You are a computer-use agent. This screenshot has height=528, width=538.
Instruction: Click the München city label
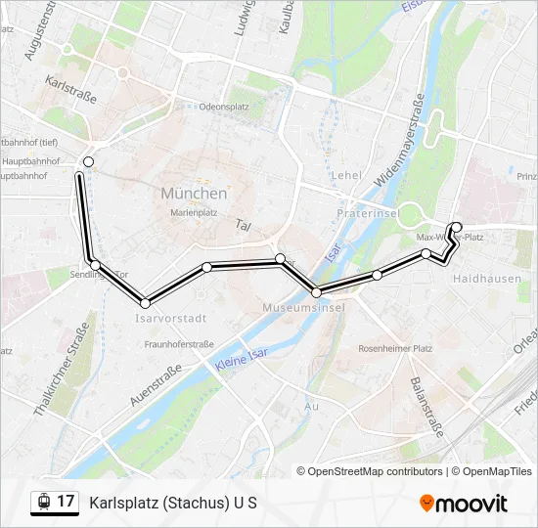point(194,194)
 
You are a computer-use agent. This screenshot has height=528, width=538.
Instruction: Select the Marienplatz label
point(194,211)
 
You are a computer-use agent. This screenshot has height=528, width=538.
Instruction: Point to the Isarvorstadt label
point(168,319)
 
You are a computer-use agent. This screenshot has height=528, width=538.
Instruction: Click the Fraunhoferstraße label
point(179,344)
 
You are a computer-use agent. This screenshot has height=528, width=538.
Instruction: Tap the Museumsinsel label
point(304,308)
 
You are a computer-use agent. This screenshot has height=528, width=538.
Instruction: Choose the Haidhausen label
point(479,279)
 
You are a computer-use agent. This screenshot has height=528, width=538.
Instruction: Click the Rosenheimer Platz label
point(395,348)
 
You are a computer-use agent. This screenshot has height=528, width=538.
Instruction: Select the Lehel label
point(346,175)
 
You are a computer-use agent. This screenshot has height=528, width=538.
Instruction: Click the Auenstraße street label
point(156,385)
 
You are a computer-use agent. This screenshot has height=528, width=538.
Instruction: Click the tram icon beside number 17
point(43,502)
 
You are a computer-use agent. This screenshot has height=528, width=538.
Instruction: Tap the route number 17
point(66,502)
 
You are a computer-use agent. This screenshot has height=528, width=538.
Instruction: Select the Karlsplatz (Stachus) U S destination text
point(173,503)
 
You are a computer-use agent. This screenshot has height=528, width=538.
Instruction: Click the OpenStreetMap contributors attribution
point(375,471)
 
